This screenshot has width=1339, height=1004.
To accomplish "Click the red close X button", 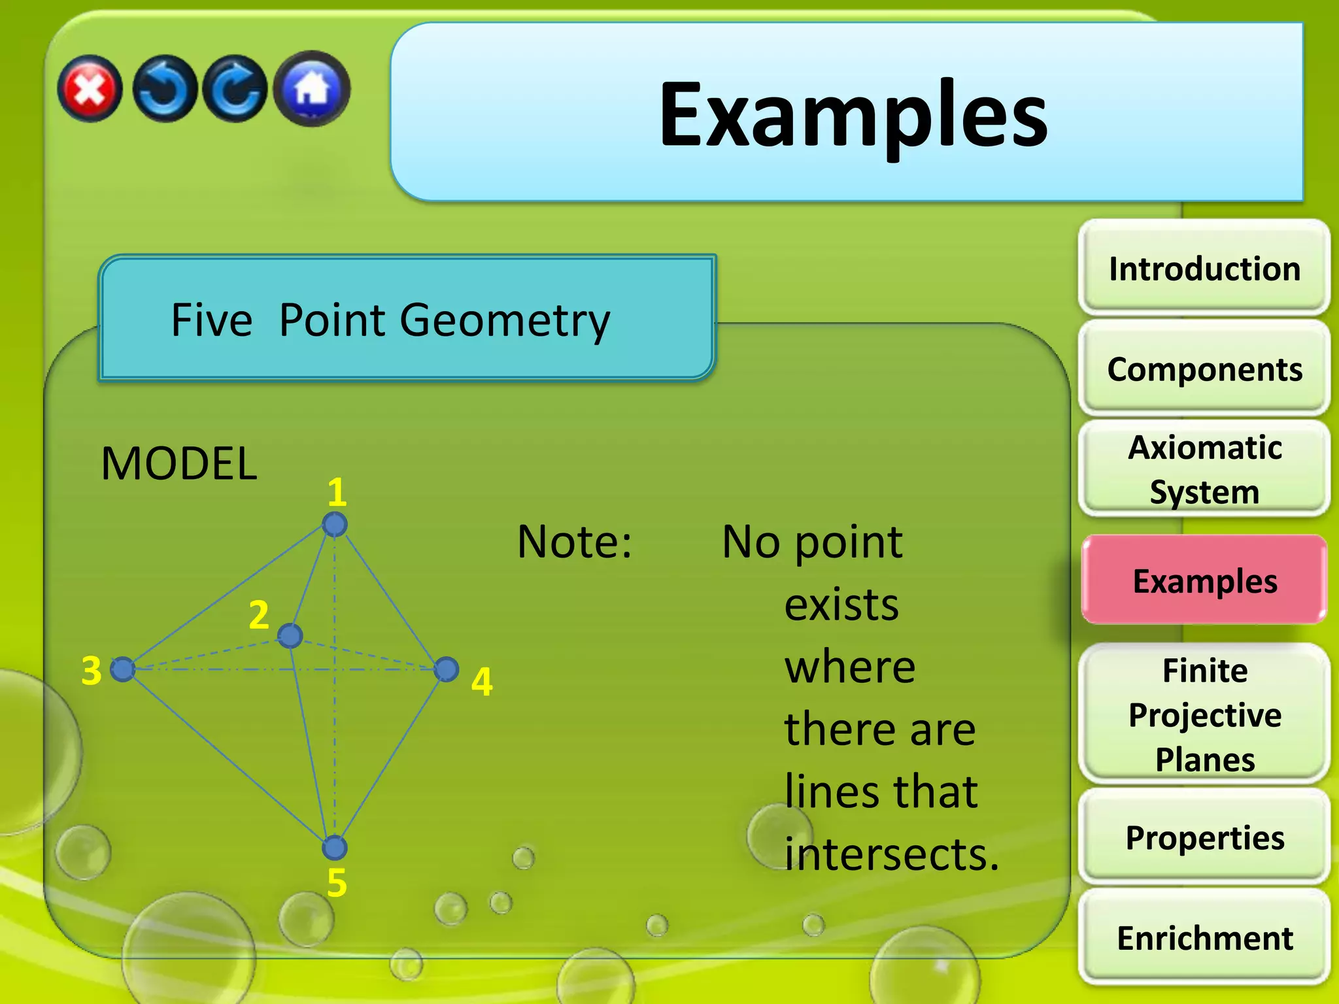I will coord(90,89).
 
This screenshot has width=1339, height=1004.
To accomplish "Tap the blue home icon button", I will coord(312,88).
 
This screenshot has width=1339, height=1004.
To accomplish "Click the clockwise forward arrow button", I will coord(235,89).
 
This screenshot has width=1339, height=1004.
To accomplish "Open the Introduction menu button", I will coord(1204,269).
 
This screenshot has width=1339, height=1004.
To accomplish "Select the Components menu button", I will coord(1204,369).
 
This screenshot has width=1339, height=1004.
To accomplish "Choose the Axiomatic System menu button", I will coord(1204,469).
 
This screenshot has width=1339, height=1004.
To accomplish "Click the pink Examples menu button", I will coord(1204,580).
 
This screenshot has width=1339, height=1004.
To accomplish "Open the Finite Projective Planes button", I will coord(1204,714).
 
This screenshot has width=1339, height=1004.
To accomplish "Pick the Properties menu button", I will coord(1204,837).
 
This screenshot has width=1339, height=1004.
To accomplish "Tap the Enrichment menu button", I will coord(1204,938).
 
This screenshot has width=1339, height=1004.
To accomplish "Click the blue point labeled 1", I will coord(335,524).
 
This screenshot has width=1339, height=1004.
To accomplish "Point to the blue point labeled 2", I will coord(290,635).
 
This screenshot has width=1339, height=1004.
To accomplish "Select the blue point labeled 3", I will coord(122,669).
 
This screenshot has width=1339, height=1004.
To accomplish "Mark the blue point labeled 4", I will coord(447,669).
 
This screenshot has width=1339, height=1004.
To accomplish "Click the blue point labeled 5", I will coord(335,848).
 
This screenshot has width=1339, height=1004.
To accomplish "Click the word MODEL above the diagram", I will coord(179,463).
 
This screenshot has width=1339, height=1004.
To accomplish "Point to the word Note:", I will coord(574,542).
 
